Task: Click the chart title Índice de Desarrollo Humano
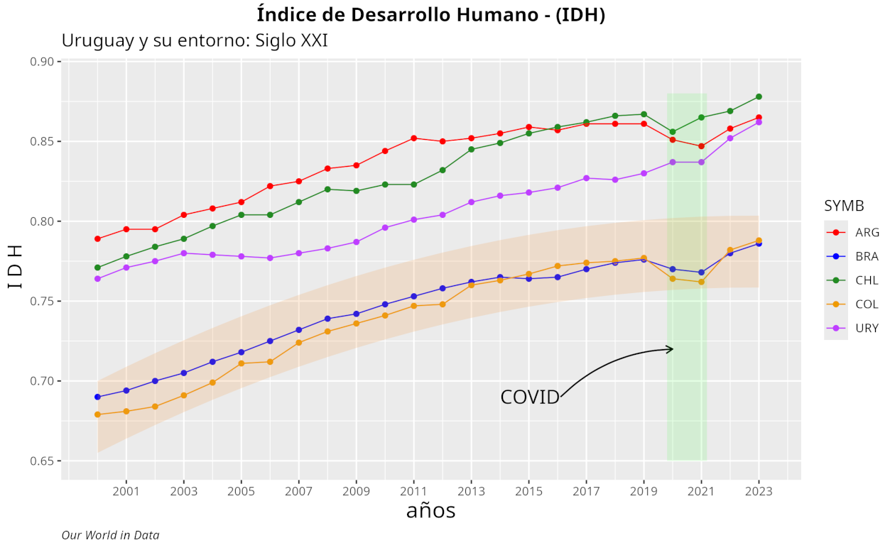(x=430, y=14)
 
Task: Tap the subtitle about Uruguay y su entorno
(x=195, y=40)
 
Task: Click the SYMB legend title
(x=844, y=206)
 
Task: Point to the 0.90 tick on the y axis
(x=43, y=62)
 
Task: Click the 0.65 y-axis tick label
(x=43, y=461)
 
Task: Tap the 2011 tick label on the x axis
(x=413, y=490)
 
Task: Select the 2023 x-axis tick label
(x=759, y=490)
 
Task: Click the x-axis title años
(x=430, y=511)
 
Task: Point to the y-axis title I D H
(x=16, y=266)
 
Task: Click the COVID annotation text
(x=530, y=397)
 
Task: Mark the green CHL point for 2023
(x=759, y=97)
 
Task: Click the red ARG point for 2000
(x=97, y=238)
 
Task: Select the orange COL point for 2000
(x=97, y=414)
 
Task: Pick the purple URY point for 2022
(x=730, y=138)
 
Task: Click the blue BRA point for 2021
(x=701, y=273)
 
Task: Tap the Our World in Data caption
(x=110, y=535)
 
